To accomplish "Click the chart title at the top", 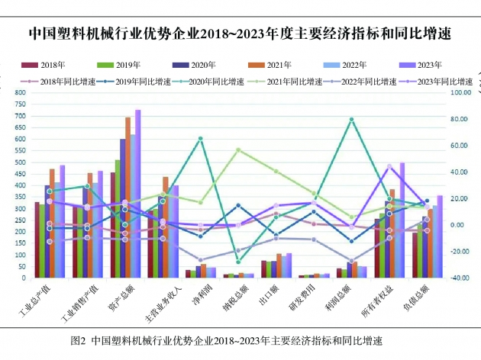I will pyautogui.click(x=240, y=34).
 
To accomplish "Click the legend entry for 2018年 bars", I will pyautogui.click(x=45, y=65).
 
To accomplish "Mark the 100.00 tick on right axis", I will pyautogui.click(x=463, y=92).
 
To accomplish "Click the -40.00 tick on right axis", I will pyautogui.click(x=463, y=278).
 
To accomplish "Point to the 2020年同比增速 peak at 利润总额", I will pyautogui.click(x=352, y=119).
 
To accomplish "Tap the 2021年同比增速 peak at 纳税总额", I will pyautogui.click(x=238, y=149).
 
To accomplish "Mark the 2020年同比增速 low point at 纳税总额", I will pyautogui.click(x=238, y=262).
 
